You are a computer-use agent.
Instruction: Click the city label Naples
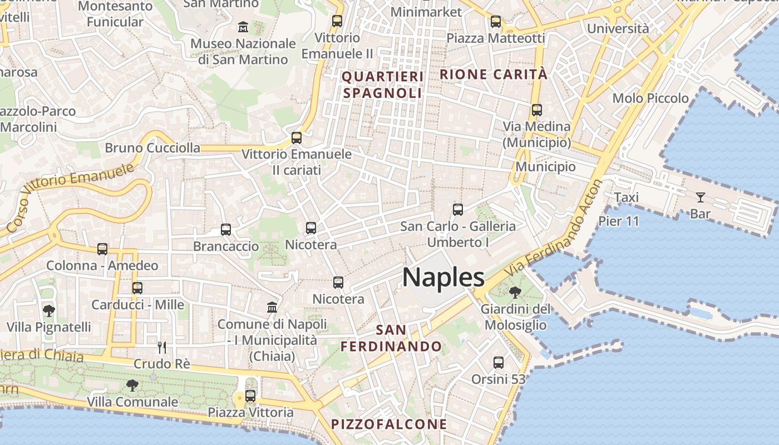tap(443, 277)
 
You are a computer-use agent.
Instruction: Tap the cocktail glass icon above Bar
tap(700, 197)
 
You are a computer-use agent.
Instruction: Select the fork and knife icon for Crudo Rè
tap(162, 348)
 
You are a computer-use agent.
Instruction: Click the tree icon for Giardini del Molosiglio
tap(515, 292)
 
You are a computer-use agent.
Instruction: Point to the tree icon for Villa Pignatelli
tap(49, 310)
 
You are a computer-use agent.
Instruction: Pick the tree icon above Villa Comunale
tap(132, 385)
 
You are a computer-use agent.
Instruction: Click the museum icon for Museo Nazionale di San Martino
tap(243, 26)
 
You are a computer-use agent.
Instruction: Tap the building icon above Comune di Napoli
tap(272, 307)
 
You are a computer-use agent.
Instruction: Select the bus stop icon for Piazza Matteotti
tap(495, 22)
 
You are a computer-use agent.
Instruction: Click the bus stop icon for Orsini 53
tap(499, 363)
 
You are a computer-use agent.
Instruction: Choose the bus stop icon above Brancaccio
tap(225, 230)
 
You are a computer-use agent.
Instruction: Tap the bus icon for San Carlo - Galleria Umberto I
tap(457, 210)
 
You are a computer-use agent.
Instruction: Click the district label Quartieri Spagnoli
tap(382, 85)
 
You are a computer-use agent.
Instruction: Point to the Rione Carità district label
tap(494, 74)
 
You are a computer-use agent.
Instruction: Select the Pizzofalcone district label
tap(389, 424)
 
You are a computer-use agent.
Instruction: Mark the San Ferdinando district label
tap(391, 338)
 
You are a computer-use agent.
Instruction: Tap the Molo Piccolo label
tap(650, 98)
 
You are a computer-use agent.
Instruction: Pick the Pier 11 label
tap(619, 221)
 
